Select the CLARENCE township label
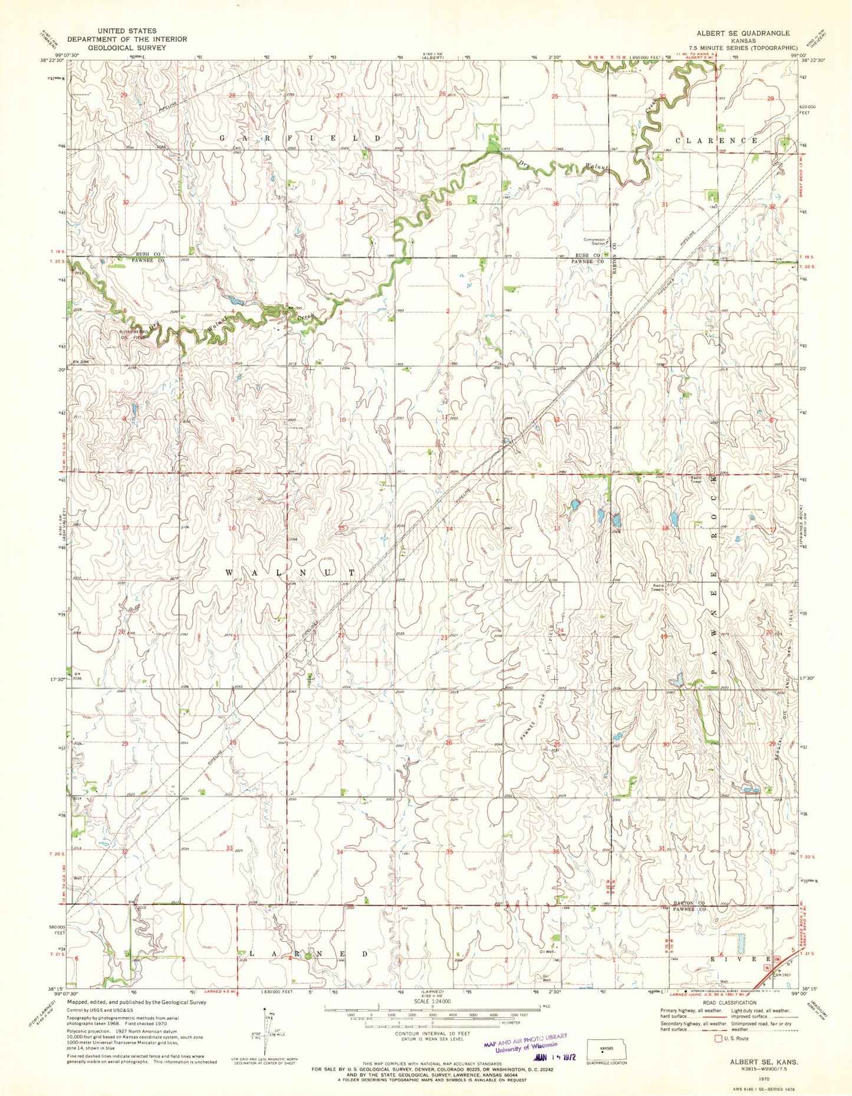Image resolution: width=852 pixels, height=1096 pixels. point(716,141)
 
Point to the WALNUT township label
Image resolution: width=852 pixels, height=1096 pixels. point(291,573)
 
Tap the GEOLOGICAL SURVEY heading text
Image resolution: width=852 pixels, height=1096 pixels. point(127,47)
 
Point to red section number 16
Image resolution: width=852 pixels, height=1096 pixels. point(232,529)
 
